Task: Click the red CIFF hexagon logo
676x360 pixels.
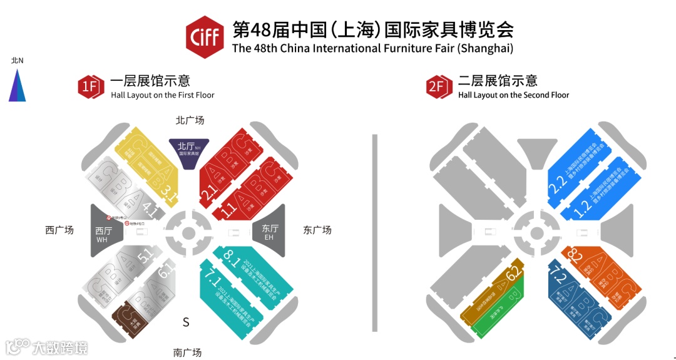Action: (205, 38)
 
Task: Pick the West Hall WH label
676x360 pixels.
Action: (103, 234)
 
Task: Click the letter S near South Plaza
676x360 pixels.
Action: (186, 322)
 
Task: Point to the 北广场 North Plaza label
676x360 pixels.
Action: (190, 120)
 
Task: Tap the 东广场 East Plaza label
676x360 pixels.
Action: (317, 230)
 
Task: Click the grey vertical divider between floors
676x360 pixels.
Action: (375, 232)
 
